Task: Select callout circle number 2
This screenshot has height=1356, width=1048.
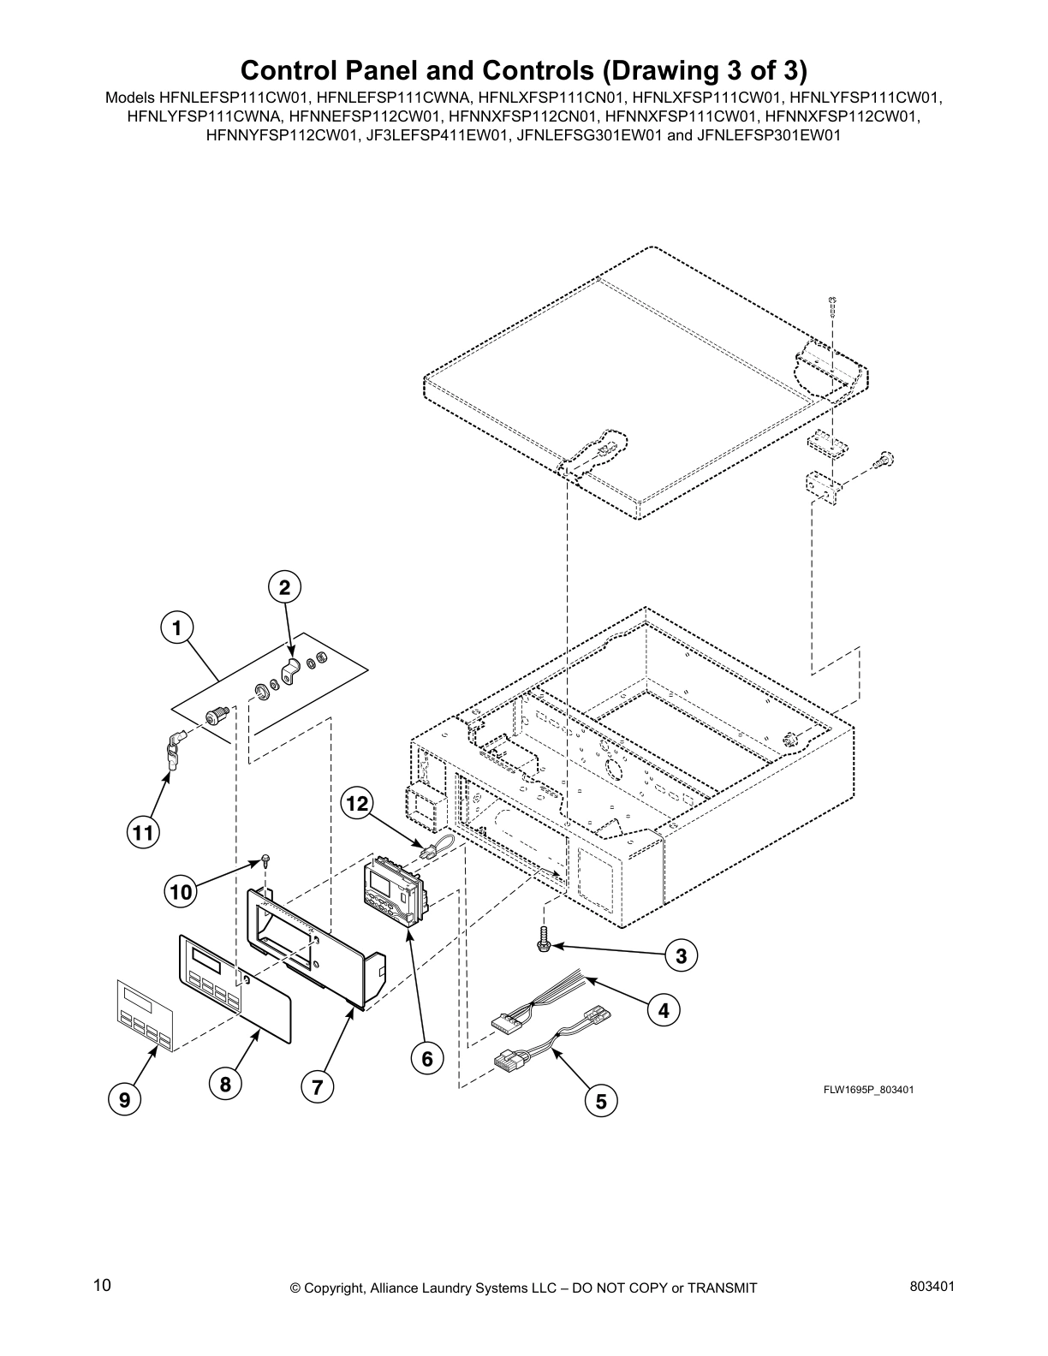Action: (x=284, y=587)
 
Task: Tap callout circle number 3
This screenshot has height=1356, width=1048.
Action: (x=681, y=956)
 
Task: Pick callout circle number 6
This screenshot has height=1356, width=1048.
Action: (x=426, y=1059)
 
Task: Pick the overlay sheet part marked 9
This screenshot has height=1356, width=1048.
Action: (x=143, y=1013)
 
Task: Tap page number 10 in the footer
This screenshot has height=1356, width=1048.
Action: (x=102, y=1285)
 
